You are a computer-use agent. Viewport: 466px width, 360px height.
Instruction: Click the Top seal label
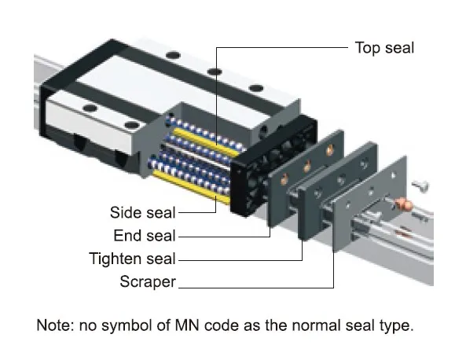pos(384,48)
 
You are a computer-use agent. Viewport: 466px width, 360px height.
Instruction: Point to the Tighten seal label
pos(134,258)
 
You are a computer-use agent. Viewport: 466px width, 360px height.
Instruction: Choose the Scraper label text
pos(148,281)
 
